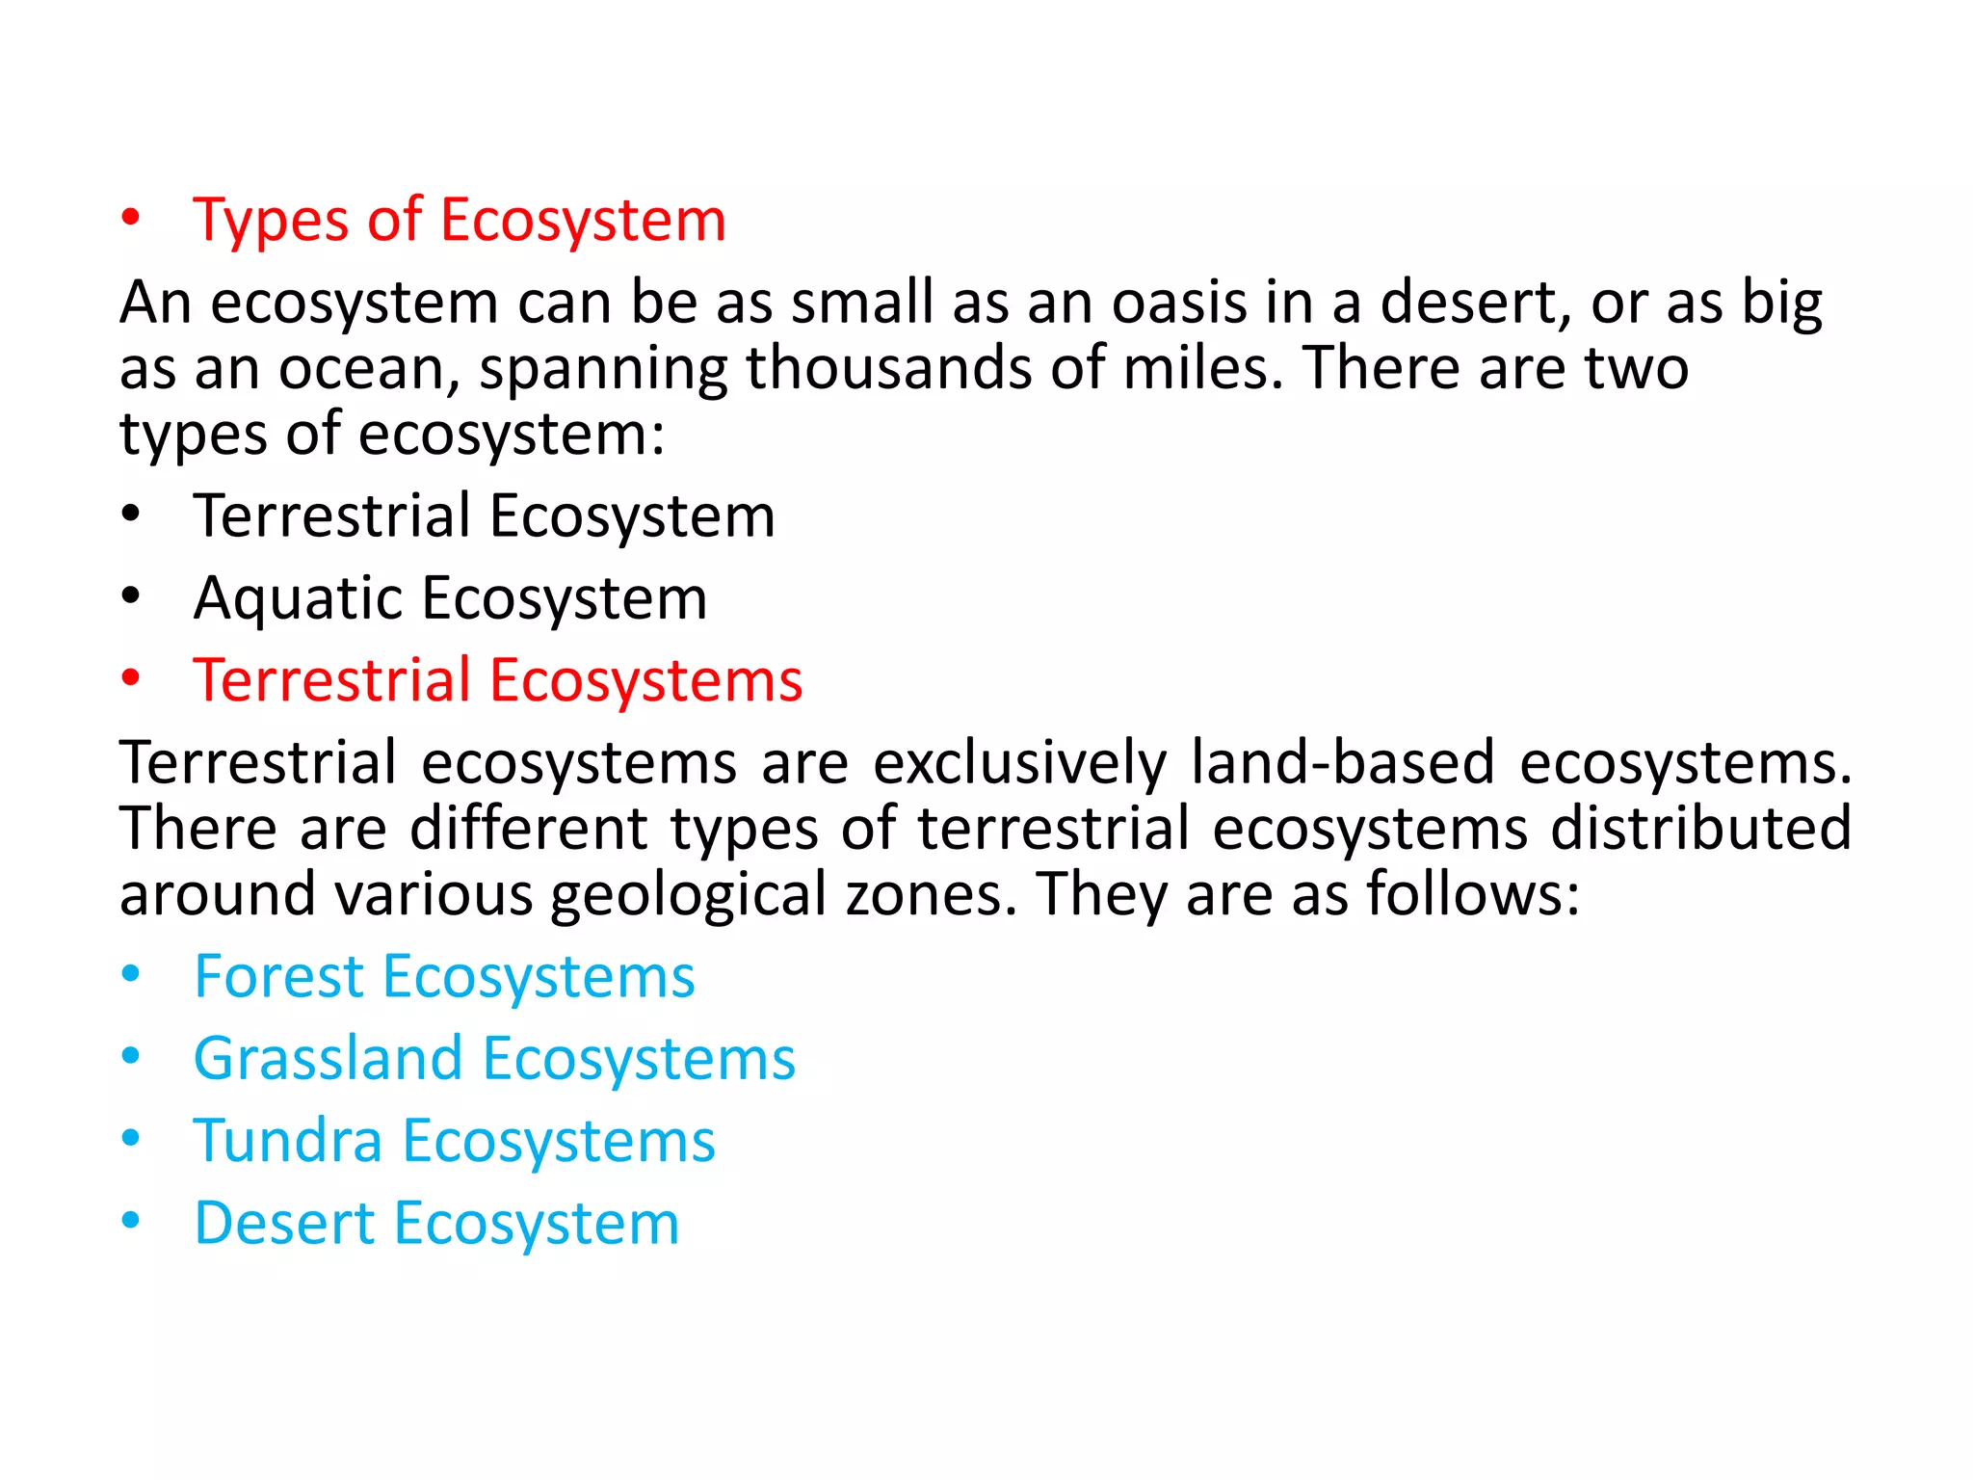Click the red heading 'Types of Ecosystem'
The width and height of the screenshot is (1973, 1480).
(x=459, y=220)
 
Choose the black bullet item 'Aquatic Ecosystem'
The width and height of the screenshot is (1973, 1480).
(x=450, y=598)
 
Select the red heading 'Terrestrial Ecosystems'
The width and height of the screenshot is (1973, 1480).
(x=497, y=680)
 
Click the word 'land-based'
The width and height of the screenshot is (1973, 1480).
(x=1342, y=763)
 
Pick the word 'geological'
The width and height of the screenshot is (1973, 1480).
(x=688, y=894)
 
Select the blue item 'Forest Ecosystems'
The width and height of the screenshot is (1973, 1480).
(x=444, y=977)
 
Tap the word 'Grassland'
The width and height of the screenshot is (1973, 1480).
(x=328, y=1059)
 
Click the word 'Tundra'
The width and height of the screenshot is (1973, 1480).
(x=287, y=1142)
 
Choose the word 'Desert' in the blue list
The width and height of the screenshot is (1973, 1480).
(x=283, y=1224)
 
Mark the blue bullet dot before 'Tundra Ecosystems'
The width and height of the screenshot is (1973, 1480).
(x=131, y=1139)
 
